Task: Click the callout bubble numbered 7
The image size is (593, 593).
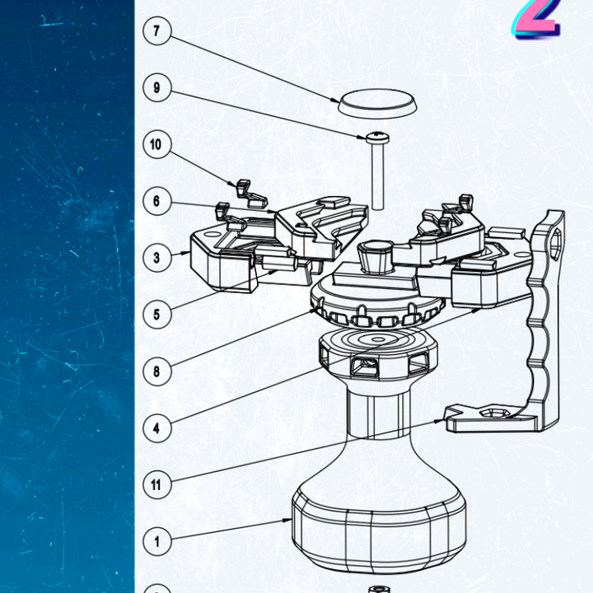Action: click(x=157, y=31)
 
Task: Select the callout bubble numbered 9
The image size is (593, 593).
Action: click(x=157, y=88)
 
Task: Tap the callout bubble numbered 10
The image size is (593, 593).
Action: click(x=157, y=144)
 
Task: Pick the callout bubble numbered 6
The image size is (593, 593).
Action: click(x=157, y=201)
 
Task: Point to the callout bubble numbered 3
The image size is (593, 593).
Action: click(x=157, y=258)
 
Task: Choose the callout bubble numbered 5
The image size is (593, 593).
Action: click(x=157, y=315)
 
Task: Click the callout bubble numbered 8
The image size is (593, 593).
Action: click(x=157, y=371)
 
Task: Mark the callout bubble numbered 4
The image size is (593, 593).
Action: click(x=157, y=428)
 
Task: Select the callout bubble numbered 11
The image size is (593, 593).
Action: click(x=157, y=485)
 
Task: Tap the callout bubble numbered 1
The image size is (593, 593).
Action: click(x=157, y=542)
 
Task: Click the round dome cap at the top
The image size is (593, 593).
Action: click(x=377, y=103)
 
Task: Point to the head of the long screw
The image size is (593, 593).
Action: click(x=377, y=138)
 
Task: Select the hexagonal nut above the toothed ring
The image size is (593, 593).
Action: click(x=376, y=256)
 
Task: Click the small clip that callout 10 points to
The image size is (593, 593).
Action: click(x=250, y=194)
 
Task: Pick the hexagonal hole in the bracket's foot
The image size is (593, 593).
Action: click(x=491, y=413)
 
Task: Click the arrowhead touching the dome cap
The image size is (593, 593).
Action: click(x=335, y=100)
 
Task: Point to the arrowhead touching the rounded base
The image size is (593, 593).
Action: click(x=287, y=521)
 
